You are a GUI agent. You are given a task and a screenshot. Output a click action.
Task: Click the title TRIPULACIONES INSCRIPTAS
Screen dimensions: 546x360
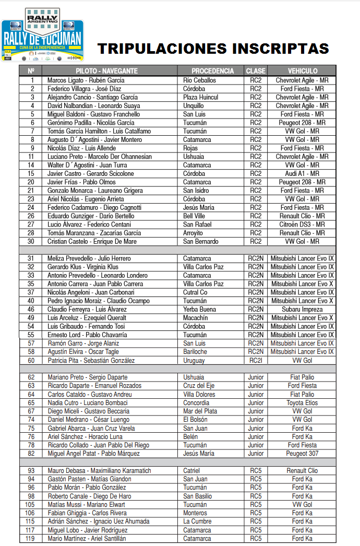[x=213, y=49]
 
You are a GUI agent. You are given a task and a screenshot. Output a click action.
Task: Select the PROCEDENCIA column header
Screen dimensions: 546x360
[x=212, y=71]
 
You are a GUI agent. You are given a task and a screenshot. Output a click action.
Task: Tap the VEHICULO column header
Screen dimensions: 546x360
[x=302, y=71]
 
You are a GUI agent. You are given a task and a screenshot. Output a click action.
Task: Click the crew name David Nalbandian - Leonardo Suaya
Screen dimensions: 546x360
[x=93, y=106]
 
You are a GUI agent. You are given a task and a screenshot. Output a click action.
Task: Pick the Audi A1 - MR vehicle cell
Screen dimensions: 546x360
[x=302, y=173]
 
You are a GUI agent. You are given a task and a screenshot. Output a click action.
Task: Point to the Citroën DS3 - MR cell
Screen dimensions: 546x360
[x=302, y=224]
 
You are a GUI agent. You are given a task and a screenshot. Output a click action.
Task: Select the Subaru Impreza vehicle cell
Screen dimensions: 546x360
[x=302, y=310]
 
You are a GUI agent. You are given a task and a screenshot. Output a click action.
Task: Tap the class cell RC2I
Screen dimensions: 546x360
[x=256, y=360]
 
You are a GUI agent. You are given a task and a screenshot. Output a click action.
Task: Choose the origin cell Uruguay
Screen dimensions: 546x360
[x=194, y=360]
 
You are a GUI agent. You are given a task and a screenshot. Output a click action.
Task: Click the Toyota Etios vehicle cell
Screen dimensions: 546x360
[x=302, y=403]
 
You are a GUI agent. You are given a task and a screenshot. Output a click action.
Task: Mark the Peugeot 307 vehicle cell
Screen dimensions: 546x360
[x=302, y=454]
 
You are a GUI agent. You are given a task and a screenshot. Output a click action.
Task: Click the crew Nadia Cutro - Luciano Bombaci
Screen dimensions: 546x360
[x=88, y=403]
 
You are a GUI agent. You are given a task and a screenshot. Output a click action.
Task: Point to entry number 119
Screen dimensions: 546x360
[x=31, y=539]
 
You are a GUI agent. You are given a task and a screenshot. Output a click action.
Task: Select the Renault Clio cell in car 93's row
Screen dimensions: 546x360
[x=302, y=471]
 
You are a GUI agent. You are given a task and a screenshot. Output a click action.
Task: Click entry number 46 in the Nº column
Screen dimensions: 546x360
[x=31, y=310]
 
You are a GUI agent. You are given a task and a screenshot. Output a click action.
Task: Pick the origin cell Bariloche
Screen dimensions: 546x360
[x=195, y=352]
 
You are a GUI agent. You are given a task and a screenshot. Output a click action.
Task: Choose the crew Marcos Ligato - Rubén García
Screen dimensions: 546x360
[x=86, y=80]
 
